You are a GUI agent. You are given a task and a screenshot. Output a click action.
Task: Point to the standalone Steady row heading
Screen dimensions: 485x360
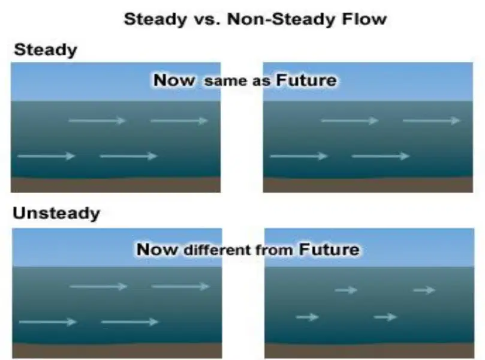point(46,50)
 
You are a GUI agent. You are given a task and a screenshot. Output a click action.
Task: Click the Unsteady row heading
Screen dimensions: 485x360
point(56,213)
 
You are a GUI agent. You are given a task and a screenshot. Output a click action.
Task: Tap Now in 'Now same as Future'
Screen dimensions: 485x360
point(174,80)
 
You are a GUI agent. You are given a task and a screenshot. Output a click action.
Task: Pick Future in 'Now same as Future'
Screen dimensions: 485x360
point(306,80)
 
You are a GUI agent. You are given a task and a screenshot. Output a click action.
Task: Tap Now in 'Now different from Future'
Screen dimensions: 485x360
point(157,250)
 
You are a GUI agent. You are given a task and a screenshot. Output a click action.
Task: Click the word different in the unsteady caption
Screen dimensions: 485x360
point(218,250)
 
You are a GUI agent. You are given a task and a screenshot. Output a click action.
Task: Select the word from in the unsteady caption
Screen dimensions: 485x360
point(274,250)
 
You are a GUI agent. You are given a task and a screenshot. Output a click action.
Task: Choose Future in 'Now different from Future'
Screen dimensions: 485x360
point(329,250)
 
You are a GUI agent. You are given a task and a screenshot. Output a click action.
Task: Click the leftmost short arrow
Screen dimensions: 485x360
point(307,317)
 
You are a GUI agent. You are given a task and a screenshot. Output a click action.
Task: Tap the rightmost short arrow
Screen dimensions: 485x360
point(424,290)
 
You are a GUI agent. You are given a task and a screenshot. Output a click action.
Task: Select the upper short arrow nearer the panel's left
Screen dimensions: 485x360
point(346,290)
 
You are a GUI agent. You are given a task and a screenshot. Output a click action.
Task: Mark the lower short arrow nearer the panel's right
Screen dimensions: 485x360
point(385,317)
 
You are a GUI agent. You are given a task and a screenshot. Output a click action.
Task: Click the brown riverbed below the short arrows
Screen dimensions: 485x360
point(369,351)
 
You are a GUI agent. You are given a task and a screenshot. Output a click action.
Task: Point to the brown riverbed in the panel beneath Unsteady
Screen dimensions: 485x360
point(117,351)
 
